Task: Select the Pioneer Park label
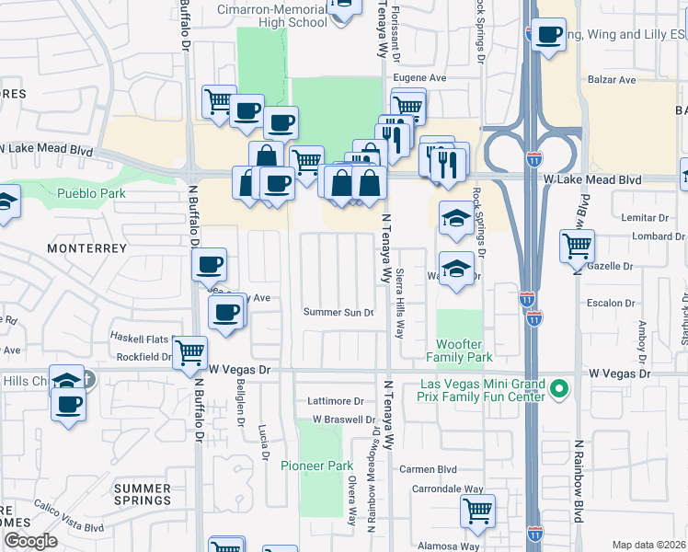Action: tap(316, 466)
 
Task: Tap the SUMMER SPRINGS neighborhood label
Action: tap(142, 494)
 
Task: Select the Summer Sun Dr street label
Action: tap(339, 313)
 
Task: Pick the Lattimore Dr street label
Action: tap(336, 401)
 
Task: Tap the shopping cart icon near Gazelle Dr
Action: tap(577, 246)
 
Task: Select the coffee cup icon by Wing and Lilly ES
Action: tap(549, 35)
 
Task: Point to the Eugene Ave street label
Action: tap(420, 78)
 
